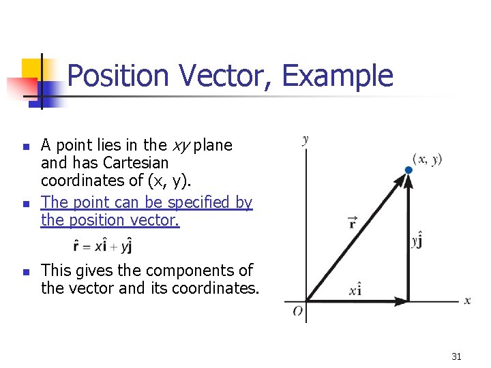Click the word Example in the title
[338, 76]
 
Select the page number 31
[456, 356]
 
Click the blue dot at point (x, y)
[408, 169]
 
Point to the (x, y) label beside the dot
[428, 159]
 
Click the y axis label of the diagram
[305, 140]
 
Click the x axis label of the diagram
[467, 301]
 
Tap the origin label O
[298, 311]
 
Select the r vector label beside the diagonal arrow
[352, 221]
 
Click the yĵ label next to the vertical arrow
[417, 241]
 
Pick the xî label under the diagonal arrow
[355, 291]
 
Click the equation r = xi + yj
[102, 245]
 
